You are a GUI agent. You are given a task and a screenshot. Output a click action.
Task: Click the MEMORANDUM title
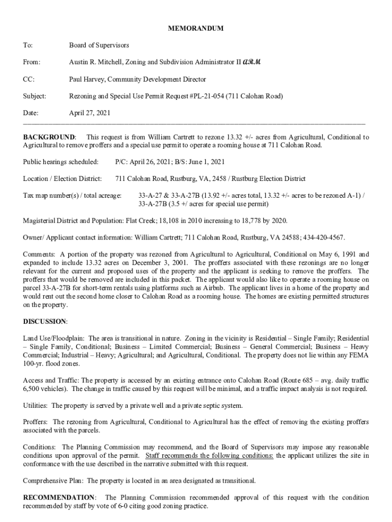click(195, 29)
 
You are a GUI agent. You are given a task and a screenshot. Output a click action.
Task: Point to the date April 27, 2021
click(90, 113)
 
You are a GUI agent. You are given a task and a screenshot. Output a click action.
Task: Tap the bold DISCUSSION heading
click(45, 321)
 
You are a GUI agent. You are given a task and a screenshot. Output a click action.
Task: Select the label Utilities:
click(36, 405)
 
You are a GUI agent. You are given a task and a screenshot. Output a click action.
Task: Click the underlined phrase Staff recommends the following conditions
click(209, 455)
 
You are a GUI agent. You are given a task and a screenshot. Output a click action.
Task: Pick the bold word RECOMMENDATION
click(59, 497)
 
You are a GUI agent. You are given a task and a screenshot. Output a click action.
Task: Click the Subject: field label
click(35, 96)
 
